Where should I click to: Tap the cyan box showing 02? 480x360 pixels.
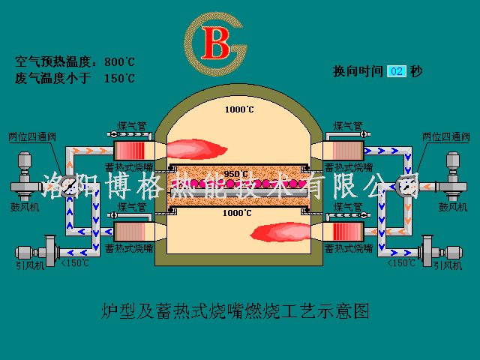coord(397,72)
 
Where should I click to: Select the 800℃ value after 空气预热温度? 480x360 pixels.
coord(119,61)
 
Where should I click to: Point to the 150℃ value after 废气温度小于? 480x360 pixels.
coord(119,77)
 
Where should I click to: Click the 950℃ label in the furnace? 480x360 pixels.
coord(235,174)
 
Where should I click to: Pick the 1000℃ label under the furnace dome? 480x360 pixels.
coord(239,109)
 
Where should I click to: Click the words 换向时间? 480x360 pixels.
coord(358,72)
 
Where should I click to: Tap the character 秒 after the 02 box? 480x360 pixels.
coord(416,72)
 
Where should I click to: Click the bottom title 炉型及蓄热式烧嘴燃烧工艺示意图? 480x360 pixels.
coord(235,310)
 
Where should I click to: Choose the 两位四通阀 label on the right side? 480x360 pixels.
coord(445,137)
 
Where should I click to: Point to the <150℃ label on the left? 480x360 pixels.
coord(74,262)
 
